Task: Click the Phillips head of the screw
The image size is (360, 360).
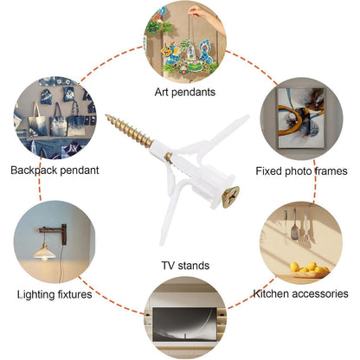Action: tap(231, 197)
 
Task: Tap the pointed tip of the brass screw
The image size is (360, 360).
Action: tap(106, 116)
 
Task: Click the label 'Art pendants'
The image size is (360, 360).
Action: tap(185, 93)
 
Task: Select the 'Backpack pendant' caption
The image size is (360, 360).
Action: tap(55, 170)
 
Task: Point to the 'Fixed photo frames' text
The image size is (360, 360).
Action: tap(301, 171)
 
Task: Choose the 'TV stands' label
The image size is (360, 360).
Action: tap(185, 266)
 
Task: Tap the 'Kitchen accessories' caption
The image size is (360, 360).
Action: tap(300, 293)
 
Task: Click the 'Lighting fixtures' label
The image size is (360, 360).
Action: tap(55, 294)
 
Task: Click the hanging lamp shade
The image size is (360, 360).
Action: tap(44, 253)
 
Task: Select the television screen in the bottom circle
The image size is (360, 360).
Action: tap(184, 325)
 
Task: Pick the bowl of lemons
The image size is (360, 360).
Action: tap(309, 270)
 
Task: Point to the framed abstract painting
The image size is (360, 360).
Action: tap(300, 118)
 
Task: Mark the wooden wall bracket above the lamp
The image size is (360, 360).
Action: tap(55, 233)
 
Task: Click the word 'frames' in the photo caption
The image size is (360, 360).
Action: tap(331, 171)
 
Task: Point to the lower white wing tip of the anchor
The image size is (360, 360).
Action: tap(162, 242)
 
